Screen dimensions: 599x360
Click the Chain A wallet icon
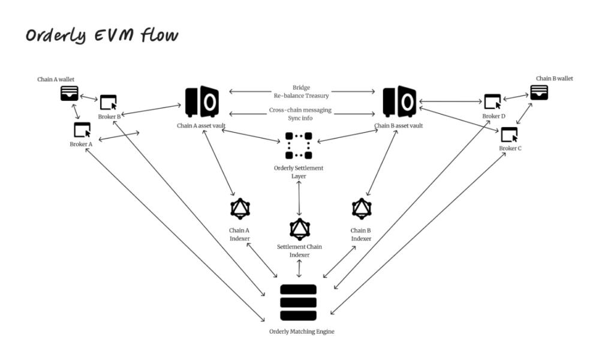click(69, 94)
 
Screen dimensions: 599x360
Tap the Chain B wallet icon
click(539, 92)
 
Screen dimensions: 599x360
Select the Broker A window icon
click(82, 130)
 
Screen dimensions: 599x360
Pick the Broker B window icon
click(108, 103)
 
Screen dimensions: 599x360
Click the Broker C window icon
click(509, 134)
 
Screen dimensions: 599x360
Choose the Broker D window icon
click(492, 101)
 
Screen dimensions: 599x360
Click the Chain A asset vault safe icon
click(202, 101)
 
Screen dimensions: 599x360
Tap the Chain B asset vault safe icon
click(399, 101)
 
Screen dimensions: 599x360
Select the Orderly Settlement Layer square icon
click(299, 146)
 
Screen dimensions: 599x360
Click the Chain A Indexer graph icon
click(240, 209)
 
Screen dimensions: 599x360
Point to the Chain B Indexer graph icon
click(362, 209)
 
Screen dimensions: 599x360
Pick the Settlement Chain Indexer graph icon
click(300, 229)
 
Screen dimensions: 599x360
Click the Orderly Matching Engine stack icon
click(299, 302)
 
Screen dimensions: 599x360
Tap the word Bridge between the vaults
click(301, 88)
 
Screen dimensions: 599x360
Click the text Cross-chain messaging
click(300, 110)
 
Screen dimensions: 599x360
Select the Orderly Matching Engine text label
click(302, 331)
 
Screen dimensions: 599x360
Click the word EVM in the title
click(113, 35)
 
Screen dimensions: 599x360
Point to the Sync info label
click(300, 118)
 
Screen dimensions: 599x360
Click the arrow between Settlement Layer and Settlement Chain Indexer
click(299, 199)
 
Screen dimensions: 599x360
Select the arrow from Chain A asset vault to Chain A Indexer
click(218, 163)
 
